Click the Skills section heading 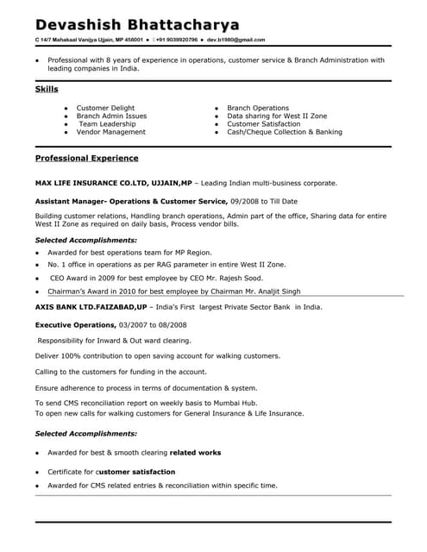click(47, 90)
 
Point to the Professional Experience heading click(86, 159)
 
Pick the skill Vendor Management click(110, 132)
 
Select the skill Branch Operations click(258, 108)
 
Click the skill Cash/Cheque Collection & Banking click(285, 132)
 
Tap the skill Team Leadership click(107, 124)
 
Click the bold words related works click(195, 452)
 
